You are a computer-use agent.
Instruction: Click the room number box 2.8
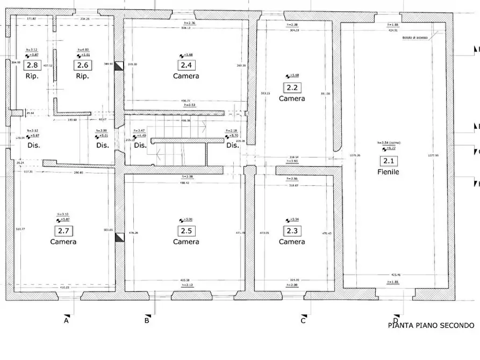tap(32, 66)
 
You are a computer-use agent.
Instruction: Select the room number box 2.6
tap(82, 66)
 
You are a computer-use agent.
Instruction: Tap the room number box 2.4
tap(186, 65)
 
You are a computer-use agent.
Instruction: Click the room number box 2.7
tap(63, 231)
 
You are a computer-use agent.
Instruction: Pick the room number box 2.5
tap(186, 231)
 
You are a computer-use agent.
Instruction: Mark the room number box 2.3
tap(292, 231)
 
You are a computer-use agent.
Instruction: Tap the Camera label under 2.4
tap(186, 76)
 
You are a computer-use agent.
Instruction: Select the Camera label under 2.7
tap(63, 242)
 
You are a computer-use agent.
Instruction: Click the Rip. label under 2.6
tap(82, 76)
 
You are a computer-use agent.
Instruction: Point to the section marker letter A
tap(66, 321)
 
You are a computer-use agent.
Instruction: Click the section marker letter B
tap(146, 321)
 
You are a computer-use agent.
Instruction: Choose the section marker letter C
tap(303, 321)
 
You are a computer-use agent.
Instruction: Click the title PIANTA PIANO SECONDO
tap(431, 326)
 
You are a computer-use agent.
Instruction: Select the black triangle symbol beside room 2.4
tap(119, 66)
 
